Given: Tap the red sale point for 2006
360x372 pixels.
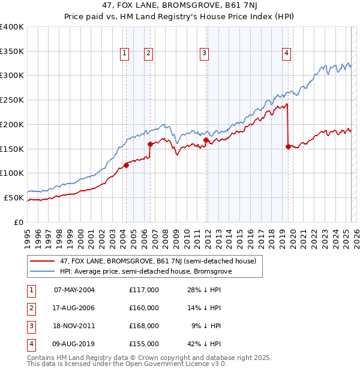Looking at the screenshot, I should (150, 144).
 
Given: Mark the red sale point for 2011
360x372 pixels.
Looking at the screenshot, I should (206, 140).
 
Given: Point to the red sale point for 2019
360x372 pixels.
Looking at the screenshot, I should (289, 146).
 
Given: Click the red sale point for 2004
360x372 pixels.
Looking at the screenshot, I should (126, 165).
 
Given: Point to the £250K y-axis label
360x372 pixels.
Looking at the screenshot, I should (12, 100).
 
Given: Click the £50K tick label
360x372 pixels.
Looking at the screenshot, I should (14, 197).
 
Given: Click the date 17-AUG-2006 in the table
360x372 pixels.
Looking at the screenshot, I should (74, 308).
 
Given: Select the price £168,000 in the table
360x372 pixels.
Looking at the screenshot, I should (143, 326).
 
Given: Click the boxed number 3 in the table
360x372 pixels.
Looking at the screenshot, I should (31, 326).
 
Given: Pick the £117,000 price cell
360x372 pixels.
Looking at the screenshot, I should (143, 290).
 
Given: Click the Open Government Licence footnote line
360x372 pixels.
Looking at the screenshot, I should (127, 364).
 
